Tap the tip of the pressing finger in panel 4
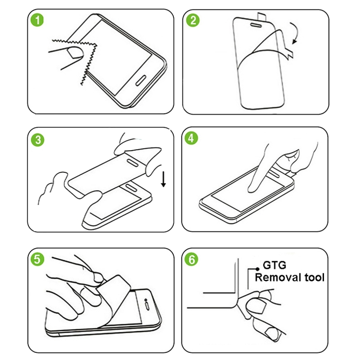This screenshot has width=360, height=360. [251, 190]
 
